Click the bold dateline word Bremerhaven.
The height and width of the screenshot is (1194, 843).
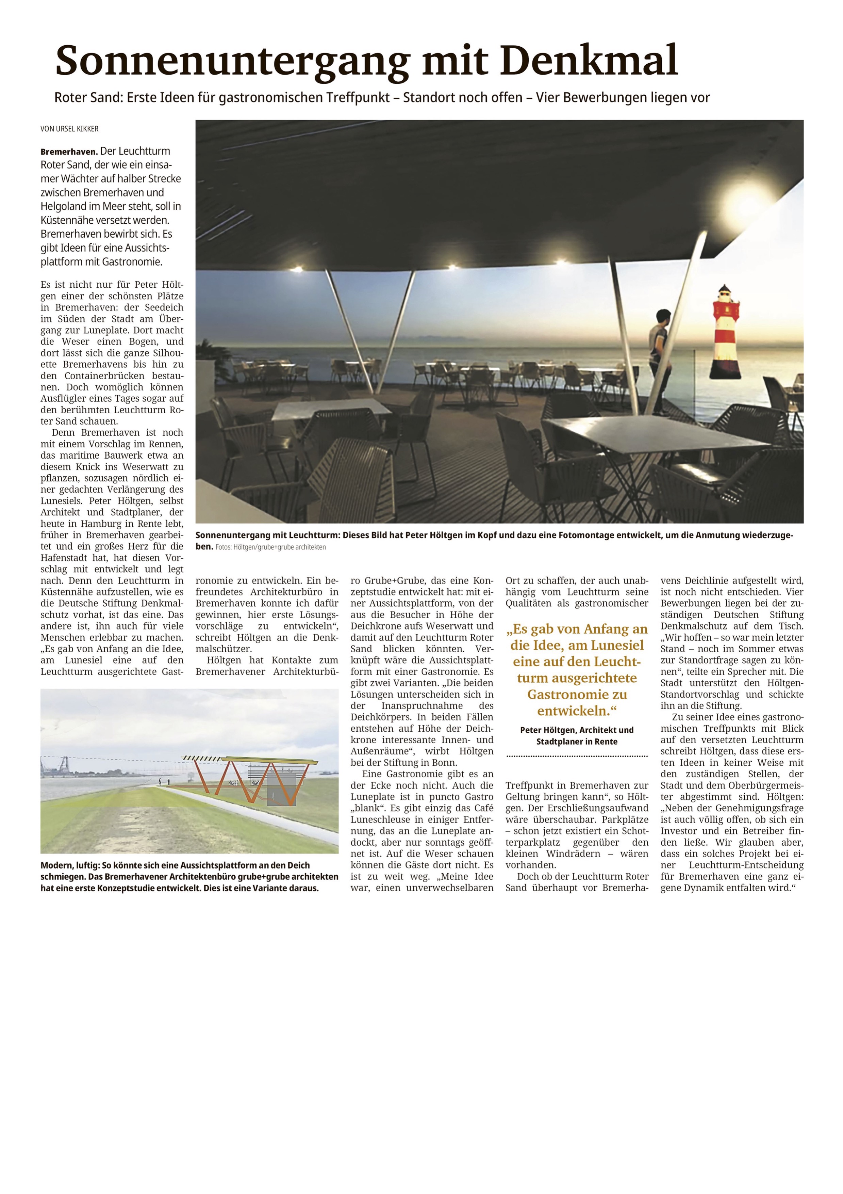click(69, 152)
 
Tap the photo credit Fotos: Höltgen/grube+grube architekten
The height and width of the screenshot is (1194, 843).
click(271, 547)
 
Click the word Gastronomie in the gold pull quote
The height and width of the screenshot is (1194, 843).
click(577, 695)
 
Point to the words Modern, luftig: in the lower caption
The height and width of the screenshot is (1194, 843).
click(70, 865)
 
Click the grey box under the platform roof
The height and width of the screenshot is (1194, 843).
click(281, 792)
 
